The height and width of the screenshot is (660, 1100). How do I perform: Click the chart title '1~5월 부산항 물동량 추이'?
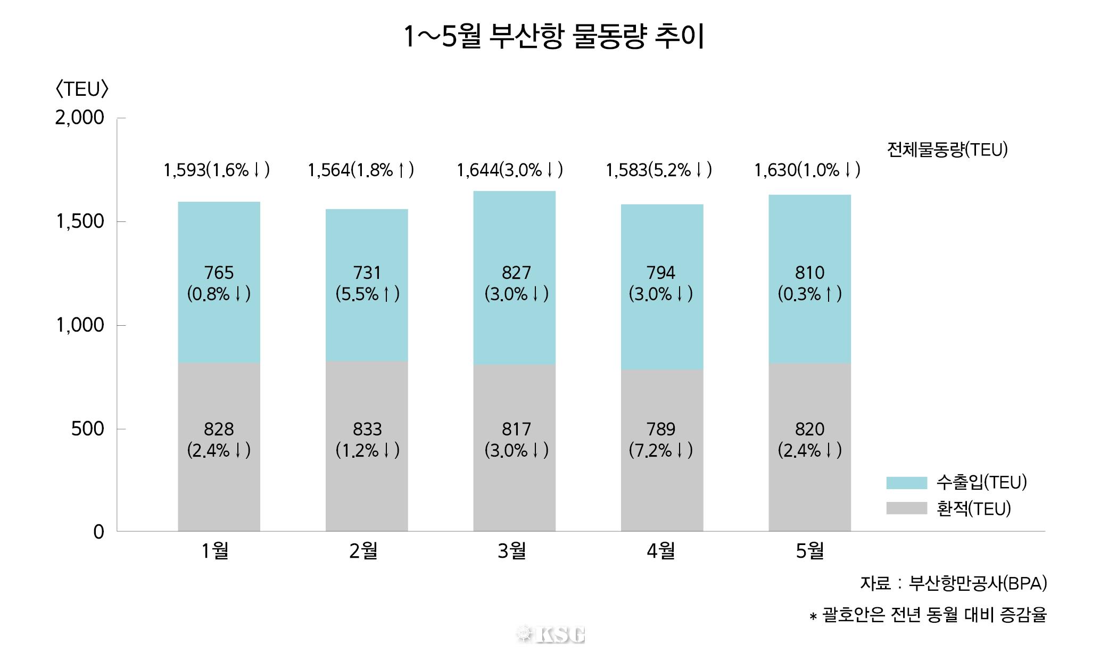click(553, 37)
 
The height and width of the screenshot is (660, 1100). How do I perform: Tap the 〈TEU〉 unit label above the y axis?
click(81, 89)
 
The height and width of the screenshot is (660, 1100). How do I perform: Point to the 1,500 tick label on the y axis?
click(80, 221)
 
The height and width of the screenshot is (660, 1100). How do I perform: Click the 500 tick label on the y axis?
click(88, 428)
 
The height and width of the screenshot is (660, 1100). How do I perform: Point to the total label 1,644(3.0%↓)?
click(509, 170)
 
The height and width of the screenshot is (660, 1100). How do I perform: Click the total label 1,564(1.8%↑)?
click(360, 170)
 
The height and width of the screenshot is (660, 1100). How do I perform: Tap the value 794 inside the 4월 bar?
click(661, 273)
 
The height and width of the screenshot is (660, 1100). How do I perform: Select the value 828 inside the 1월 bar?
click(219, 429)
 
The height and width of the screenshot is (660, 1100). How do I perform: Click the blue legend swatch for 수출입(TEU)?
click(906, 483)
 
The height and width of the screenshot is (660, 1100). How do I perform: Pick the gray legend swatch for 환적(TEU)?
click(906, 508)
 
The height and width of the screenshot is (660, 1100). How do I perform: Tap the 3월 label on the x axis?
click(511, 551)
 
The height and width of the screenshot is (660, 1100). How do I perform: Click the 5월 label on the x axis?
click(809, 551)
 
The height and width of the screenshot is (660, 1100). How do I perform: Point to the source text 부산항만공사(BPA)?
click(978, 584)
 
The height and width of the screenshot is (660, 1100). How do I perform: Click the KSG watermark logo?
click(551, 634)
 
